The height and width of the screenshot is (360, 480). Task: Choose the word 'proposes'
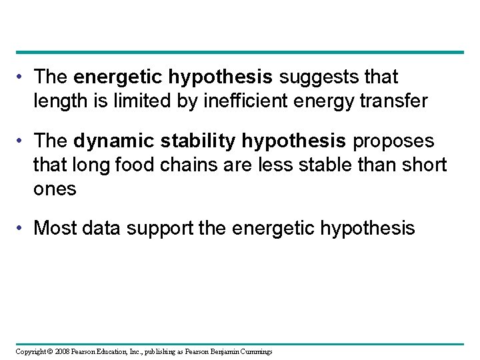(x=394, y=142)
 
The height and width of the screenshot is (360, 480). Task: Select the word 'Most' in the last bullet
(x=55, y=229)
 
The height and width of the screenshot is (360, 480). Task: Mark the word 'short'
(x=423, y=165)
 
